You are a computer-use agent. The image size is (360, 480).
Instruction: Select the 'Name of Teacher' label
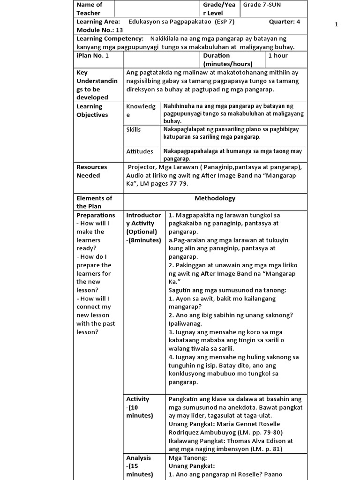click(89, 9)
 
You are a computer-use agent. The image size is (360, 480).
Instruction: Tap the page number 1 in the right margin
click(336, 25)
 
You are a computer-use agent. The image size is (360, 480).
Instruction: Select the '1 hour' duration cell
click(278, 56)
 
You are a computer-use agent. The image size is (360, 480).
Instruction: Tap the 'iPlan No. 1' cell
click(92, 56)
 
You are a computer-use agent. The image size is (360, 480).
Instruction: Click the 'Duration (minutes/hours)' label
click(227, 60)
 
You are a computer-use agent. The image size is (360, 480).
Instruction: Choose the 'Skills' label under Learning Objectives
click(134, 129)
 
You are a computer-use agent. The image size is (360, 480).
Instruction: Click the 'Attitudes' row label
click(140, 151)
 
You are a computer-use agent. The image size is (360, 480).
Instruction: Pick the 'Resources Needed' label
click(92, 171)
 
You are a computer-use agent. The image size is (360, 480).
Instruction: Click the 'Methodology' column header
click(215, 198)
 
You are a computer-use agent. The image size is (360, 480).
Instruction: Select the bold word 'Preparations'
click(96, 215)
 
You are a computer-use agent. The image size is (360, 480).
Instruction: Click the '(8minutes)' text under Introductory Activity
click(143, 240)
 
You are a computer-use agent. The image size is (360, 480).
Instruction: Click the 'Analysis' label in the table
click(138, 457)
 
